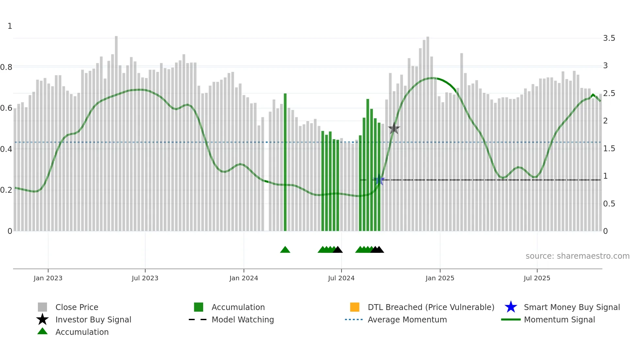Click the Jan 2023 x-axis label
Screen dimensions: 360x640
(48, 278)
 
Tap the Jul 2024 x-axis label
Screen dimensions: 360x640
(341, 278)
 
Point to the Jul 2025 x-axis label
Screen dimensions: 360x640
(536, 278)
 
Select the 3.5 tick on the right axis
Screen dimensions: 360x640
(609, 38)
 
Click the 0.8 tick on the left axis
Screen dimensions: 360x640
(6, 67)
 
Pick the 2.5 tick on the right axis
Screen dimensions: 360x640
(609, 93)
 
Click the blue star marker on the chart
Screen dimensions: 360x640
(379, 180)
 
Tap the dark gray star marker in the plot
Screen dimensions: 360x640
(394, 128)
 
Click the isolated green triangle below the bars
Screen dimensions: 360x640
(285, 250)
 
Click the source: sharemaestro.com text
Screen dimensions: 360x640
(577, 256)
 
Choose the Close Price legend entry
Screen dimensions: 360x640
(77, 307)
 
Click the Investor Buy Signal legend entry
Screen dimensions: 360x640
(93, 319)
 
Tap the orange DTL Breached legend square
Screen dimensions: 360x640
(355, 307)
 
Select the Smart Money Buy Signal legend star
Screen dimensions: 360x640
(511, 307)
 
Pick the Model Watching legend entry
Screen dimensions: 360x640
(242, 319)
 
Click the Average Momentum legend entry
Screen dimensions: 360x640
(407, 319)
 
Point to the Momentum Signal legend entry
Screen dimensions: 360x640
(559, 319)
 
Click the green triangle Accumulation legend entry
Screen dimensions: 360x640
(82, 332)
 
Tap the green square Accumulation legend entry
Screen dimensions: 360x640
(199, 307)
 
